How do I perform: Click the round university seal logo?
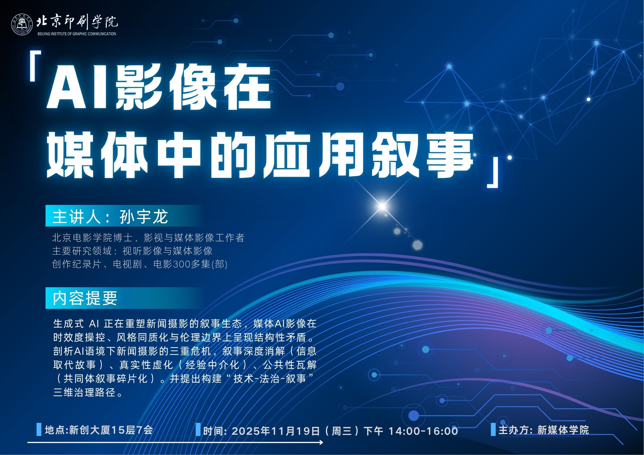(x=22, y=25)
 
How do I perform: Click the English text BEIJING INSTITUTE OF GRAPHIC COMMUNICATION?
(x=77, y=34)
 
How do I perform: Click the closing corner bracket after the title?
(x=493, y=173)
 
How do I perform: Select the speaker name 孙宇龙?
(x=144, y=216)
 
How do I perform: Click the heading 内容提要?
(x=85, y=298)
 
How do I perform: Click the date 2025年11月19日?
(x=276, y=431)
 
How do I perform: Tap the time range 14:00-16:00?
(x=423, y=431)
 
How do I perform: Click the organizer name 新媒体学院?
(x=563, y=430)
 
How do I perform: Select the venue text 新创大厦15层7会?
(x=111, y=430)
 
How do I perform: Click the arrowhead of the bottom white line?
(x=321, y=442)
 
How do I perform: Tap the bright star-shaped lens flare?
(x=382, y=206)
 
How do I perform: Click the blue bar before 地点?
(x=39, y=429)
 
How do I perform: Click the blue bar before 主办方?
(x=493, y=429)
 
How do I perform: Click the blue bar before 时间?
(x=198, y=429)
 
